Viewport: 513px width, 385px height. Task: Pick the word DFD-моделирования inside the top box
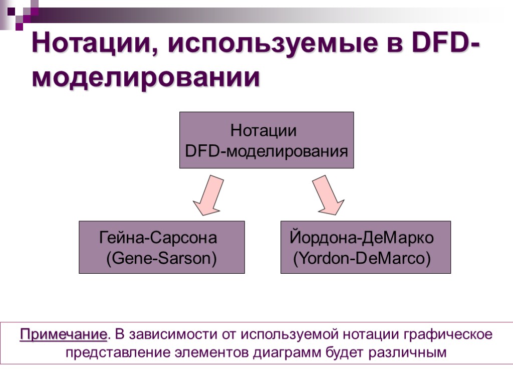pos(267,151)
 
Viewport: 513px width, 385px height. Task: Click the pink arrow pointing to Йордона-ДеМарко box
pos(328,196)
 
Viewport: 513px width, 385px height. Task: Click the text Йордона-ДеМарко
pos(362,237)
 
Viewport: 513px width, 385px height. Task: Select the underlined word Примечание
pos(64,334)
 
